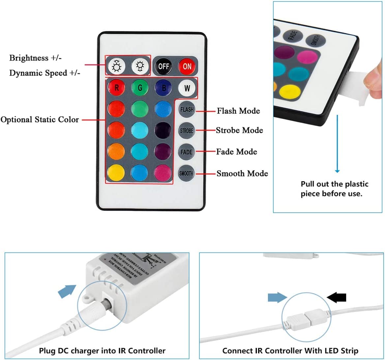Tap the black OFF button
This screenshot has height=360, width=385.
(x=164, y=66)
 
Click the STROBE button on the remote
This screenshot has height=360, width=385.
(x=187, y=131)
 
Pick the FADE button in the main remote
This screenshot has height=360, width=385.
(x=187, y=152)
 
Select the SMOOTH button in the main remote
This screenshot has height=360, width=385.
(x=187, y=173)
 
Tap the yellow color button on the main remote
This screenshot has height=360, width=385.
(x=116, y=173)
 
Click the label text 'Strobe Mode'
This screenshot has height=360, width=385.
(x=239, y=130)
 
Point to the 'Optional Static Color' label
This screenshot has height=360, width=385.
(x=40, y=120)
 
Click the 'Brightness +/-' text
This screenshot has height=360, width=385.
(x=35, y=58)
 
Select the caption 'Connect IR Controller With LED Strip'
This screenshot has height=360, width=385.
(x=290, y=350)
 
